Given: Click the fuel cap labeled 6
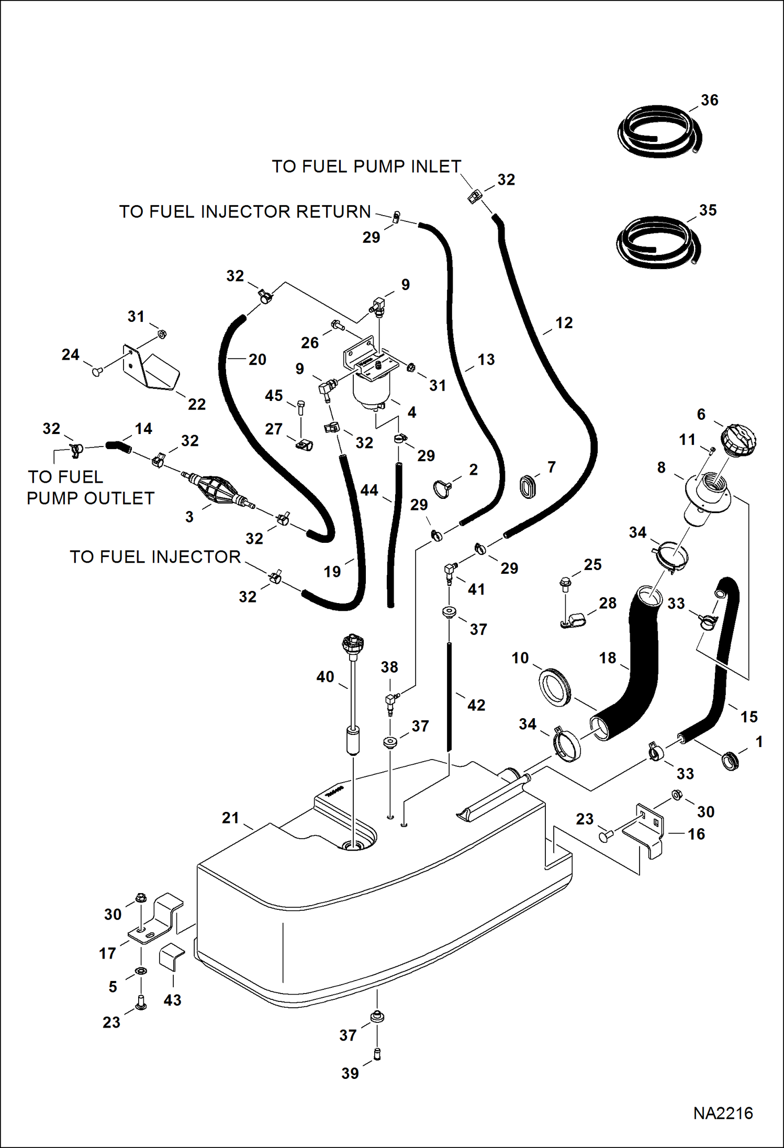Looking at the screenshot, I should click(x=738, y=440).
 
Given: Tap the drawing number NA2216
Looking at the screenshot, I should click(x=723, y=1113).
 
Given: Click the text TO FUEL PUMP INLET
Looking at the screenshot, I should click(x=366, y=166).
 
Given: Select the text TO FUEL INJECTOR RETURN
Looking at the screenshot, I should click(x=245, y=211).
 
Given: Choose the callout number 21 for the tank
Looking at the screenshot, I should click(x=230, y=818).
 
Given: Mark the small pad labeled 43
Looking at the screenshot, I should click(x=172, y=957).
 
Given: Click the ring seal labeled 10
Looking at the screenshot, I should click(x=554, y=687).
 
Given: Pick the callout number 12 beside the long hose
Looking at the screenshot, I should click(x=564, y=323).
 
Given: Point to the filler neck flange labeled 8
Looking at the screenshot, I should click(x=707, y=492).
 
